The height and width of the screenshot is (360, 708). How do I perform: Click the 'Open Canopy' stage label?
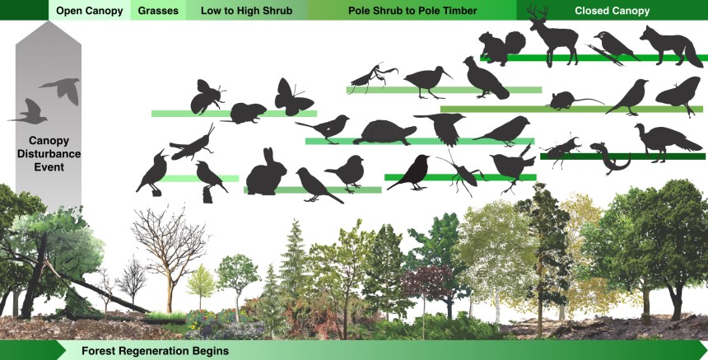pos(89,11)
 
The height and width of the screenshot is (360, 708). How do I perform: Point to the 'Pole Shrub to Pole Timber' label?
pos(411,11)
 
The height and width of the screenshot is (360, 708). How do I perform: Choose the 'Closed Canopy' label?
pos(612,11)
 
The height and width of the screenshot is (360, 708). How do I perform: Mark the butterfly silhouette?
pos(294,96)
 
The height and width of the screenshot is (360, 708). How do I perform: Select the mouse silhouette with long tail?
pos(568,101)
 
